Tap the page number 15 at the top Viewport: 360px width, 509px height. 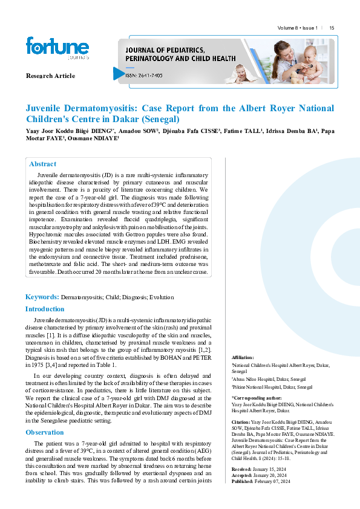(332, 28)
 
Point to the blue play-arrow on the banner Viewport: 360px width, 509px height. (119, 74)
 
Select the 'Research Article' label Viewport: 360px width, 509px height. (50, 76)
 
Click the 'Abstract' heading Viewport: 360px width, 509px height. (42, 164)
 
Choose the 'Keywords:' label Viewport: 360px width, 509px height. (42, 297)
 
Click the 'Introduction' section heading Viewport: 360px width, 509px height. (45, 309)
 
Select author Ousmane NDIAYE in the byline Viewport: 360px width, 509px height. (97, 138)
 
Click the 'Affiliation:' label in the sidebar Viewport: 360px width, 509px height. (243, 358)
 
